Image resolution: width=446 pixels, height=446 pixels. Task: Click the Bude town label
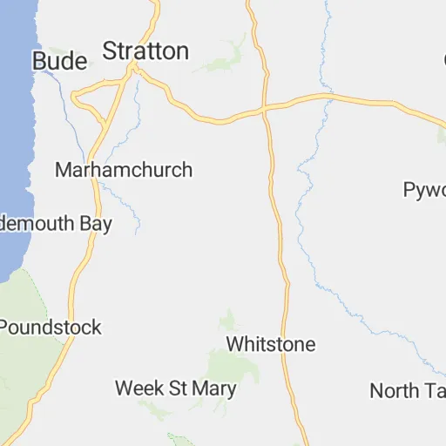click(59, 61)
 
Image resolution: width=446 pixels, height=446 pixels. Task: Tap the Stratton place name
click(145, 51)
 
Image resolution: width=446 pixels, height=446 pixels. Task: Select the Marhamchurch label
click(124, 170)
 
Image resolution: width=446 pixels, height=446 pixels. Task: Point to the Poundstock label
click(51, 328)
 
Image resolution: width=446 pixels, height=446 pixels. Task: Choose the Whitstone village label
click(270, 344)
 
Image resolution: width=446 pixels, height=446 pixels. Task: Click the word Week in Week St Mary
click(137, 388)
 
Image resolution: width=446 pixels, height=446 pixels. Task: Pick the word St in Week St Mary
click(176, 388)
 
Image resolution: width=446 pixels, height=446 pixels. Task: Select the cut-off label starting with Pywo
click(425, 189)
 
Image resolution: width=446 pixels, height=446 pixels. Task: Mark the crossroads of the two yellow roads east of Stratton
click(264, 110)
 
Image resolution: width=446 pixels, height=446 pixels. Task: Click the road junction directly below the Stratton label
click(135, 71)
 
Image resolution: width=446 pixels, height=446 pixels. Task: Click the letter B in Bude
click(39, 61)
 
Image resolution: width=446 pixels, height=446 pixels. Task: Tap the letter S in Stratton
click(109, 51)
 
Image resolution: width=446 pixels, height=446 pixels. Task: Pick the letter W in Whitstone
click(233, 344)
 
